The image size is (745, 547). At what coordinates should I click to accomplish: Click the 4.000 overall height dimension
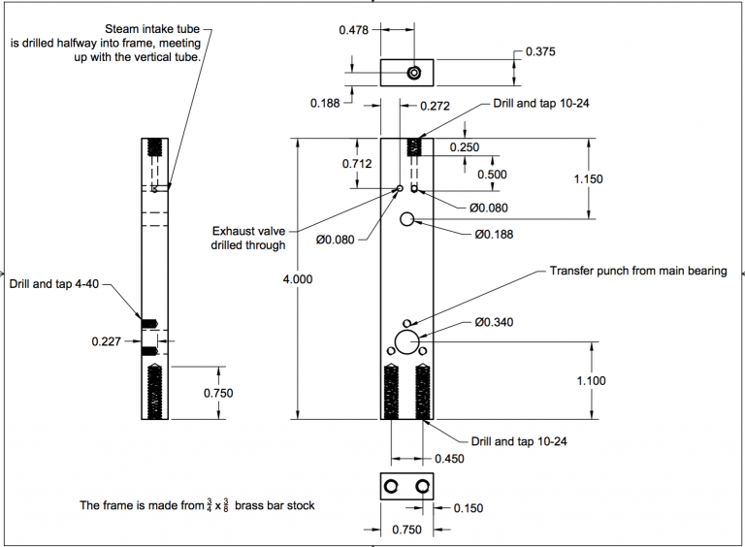click(x=298, y=279)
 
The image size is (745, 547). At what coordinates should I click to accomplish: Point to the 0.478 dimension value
click(x=353, y=30)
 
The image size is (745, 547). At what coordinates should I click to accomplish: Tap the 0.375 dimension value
click(x=540, y=51)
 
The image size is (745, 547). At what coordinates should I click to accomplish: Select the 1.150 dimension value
click(x=588, y=179)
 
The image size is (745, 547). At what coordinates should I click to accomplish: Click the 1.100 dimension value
click(x=591, y=380)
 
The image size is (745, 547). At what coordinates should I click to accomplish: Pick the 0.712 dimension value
click(x=357, y=164)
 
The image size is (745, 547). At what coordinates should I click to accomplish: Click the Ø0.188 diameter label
click(x=494, y=234)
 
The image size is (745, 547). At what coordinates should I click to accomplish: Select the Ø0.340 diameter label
click(x=494, y=322)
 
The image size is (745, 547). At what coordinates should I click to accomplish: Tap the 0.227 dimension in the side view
click(x=107, y=341)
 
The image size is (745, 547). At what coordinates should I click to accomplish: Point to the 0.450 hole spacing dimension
click(x=449, y=459)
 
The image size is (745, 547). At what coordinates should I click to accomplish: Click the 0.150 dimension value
click(x=469, y=508)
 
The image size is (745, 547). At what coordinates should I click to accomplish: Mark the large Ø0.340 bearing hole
click(x=406, y=331)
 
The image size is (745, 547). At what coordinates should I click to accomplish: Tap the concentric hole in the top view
click(x=414, y=67)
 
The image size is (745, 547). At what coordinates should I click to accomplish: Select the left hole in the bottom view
click(x=391, y=480)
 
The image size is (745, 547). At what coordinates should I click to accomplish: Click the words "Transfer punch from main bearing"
click(x=638, y=271)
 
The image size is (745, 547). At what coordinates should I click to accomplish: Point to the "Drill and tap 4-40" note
click(x=54, y=284)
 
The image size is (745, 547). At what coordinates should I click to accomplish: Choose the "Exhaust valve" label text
click(x=248, y=231)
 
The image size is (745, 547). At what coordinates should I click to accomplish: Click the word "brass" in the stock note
click(x=249, y=505)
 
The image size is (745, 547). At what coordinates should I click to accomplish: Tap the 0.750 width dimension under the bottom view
click(x=406, y=530)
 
